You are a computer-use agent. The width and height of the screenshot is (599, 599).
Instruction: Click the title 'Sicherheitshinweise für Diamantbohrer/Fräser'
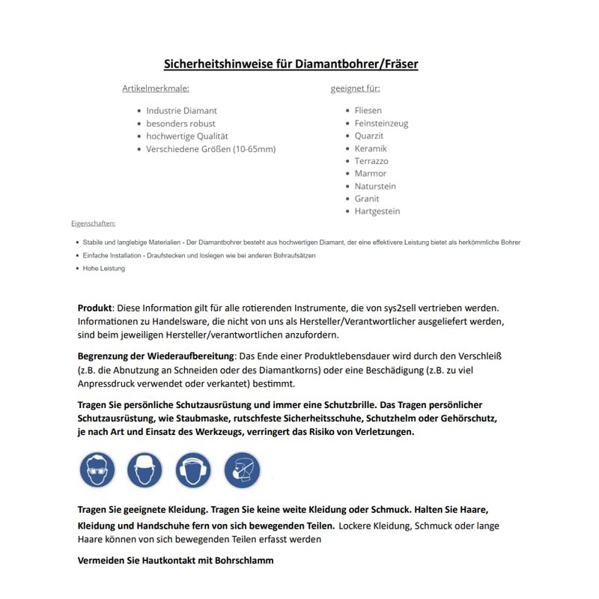point(291,64)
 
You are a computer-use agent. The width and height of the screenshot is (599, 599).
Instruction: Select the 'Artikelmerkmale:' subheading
point(156,88)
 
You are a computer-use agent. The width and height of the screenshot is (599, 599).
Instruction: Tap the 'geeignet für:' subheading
point(355,88)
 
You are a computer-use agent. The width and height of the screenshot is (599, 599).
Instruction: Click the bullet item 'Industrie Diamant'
point(181,111)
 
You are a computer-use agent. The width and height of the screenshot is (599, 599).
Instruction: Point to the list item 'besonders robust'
point(180,124)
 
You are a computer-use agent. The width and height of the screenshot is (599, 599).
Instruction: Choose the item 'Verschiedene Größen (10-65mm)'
point(210,149)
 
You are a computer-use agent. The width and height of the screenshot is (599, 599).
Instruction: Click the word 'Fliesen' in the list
point(368,111)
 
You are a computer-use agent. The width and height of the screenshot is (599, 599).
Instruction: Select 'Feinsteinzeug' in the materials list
point(381,124)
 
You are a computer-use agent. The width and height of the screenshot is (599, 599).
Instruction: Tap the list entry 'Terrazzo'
point(371,161)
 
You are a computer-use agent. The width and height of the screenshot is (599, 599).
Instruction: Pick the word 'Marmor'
point(371,174)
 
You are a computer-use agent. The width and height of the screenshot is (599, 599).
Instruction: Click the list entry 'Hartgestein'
point(377,211)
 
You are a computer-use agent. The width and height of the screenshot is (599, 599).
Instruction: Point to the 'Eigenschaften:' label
point(93,223)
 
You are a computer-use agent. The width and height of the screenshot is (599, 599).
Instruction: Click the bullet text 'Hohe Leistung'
point(104,268)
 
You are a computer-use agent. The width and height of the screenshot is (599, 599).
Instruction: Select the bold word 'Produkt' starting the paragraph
point(95,308)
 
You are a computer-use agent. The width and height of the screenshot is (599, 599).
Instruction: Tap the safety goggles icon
point(97,470)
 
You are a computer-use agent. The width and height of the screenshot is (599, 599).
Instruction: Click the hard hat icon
point(145,470)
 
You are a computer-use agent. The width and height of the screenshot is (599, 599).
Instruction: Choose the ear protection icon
point(193,470)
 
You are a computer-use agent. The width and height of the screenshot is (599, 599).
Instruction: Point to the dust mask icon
point(242,470)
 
